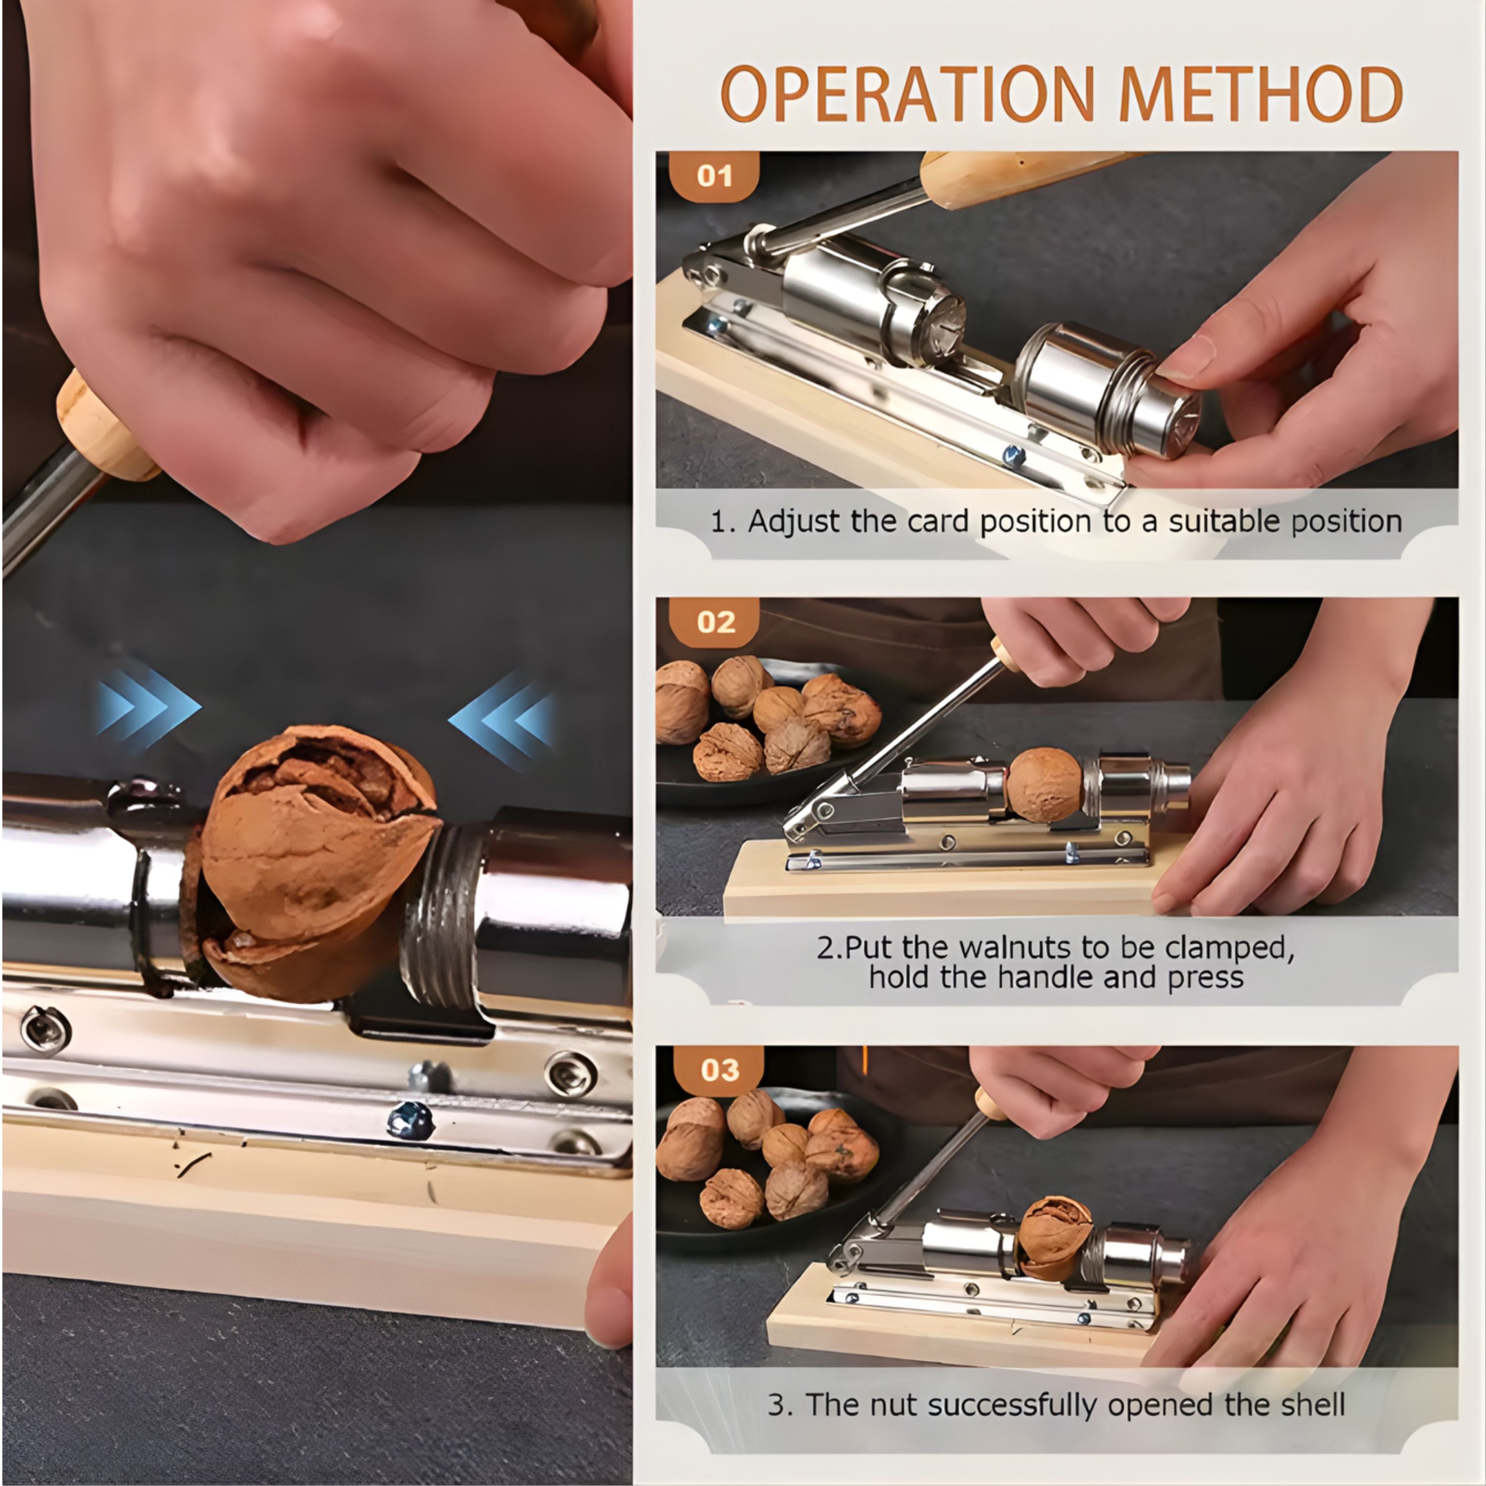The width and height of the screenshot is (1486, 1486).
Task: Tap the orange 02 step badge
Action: [715, 622]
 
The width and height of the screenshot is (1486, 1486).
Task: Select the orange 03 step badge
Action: [718, 1070]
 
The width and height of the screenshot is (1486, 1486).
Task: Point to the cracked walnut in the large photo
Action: [317, 861]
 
